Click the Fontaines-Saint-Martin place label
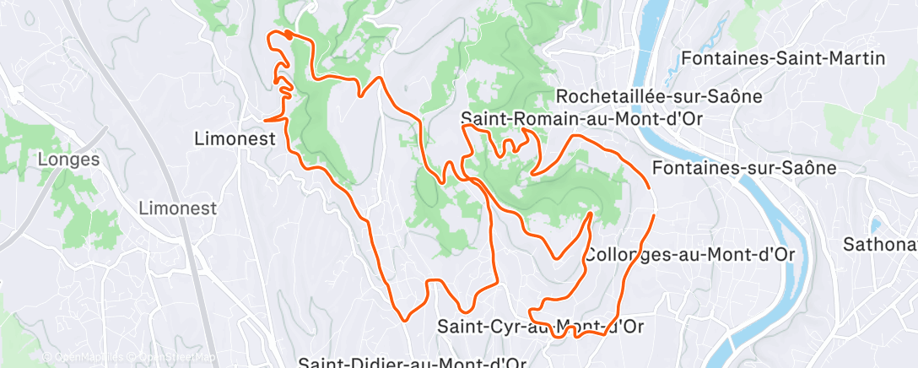click(x=783, y=58)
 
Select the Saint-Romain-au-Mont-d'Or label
click(x=583, y=119)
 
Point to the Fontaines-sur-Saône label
click(x=744, y=168)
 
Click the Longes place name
click(x=69, y=159)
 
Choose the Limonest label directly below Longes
click(x=177, y=208)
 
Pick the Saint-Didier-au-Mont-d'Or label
click(x=413, y=362)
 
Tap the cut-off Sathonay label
click(x=881, y=245)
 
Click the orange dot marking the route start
click(x=289, y=35)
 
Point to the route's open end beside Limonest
click(x=265, y=121)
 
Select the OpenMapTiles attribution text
click(x=84, y=358)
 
